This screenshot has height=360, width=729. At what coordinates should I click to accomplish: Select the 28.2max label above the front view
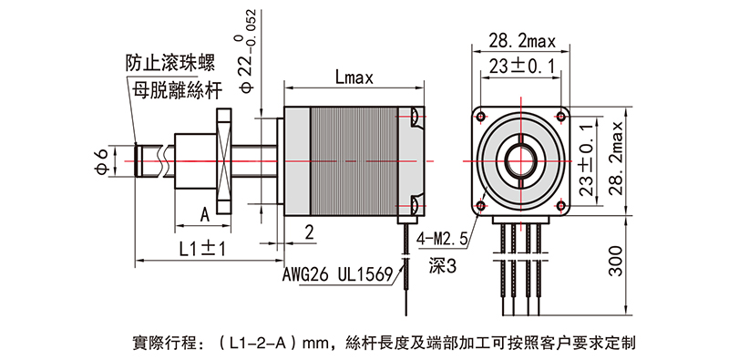pyautogui.click(x=523, y=40)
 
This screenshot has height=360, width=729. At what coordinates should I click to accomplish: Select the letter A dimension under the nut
pyautogui.click(x=204, y=214)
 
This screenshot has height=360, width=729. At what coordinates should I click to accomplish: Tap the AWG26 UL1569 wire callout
pyautogui.click(x=336, y=274)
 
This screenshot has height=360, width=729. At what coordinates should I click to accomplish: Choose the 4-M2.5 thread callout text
pyautogui.click(x=442, y=240)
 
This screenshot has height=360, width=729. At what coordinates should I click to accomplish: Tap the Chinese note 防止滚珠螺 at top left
pyautogui.click(x=169, y=64)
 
